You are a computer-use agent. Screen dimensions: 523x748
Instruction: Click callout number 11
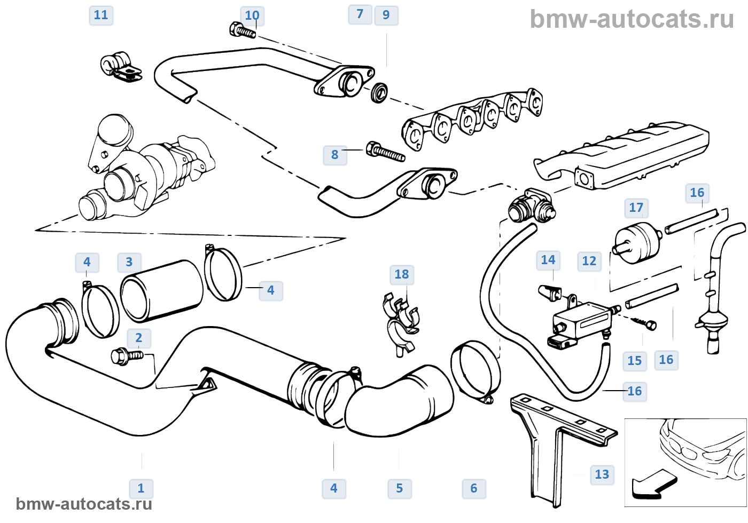pos(101,15)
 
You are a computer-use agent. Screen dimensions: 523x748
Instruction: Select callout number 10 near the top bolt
pos(252,15)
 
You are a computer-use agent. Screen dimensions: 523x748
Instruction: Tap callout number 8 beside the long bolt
pos(335,155)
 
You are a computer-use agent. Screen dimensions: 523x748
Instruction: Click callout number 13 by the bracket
pos(602,474)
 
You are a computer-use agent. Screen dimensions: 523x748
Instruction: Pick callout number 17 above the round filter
pos(636,208)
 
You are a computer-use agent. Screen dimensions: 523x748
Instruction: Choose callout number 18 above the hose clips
pos(402,274)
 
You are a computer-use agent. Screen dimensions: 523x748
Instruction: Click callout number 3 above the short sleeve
pos(129,262)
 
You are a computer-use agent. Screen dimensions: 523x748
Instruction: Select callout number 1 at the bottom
pos(141,488)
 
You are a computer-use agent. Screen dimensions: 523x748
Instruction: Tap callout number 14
pos(548,260)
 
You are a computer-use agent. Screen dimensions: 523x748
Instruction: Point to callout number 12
pos(589,261)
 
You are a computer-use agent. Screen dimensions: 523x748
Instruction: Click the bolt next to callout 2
pos(126,356)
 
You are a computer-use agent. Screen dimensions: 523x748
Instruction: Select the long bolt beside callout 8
pos(386,152)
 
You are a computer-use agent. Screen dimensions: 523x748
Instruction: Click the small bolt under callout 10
pos(242,31)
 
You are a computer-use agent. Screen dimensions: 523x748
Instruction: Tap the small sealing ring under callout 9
pos(379,93)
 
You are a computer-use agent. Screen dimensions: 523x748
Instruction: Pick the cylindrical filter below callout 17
pos(637,243)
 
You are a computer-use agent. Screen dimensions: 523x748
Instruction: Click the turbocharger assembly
pos(144,171)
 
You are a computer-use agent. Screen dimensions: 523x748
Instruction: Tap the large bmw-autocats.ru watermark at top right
pos(632,20)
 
